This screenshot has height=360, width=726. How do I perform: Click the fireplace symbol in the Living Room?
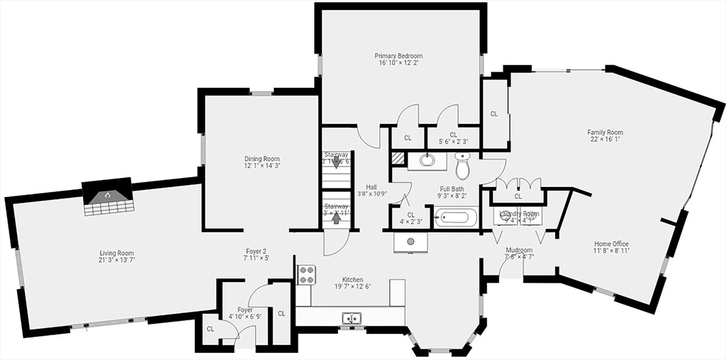point(108,195)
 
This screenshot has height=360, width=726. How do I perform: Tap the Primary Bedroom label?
point(398,55)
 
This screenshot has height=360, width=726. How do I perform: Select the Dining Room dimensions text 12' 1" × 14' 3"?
point(262,166)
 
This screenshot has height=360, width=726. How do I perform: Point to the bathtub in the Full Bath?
point(456,216)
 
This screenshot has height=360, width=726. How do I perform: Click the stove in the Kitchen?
point(306,274)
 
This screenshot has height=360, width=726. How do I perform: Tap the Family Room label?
point(605,132)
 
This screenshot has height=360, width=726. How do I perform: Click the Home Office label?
point(611,244)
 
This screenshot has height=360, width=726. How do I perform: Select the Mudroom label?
point(519,250)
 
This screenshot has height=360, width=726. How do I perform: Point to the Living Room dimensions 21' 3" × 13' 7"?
point(116,260)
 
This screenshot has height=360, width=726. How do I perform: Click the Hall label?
point(372,186)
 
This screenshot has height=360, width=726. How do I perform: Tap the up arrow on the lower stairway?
point(336,217)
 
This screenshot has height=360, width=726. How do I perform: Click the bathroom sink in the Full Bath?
point(428,159)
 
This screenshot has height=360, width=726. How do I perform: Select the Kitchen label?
point(352,279)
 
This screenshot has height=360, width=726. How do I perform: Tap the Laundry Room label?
point(519,213)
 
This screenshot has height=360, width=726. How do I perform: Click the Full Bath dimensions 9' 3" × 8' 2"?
point(451,196)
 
